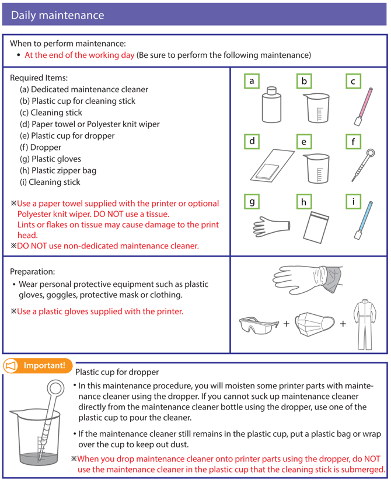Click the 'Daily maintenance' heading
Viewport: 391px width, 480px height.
click(57, 15)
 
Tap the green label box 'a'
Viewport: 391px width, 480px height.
click(252, 82)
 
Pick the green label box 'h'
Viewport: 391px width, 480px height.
click(303, 202)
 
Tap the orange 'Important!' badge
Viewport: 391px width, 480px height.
click(38, 366)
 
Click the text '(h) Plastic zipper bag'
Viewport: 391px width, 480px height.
click(58, 171)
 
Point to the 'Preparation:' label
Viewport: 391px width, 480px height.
click(33, 272)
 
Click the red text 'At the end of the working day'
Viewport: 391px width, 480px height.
click(79, 55)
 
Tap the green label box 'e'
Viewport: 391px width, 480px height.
click(303, 142)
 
